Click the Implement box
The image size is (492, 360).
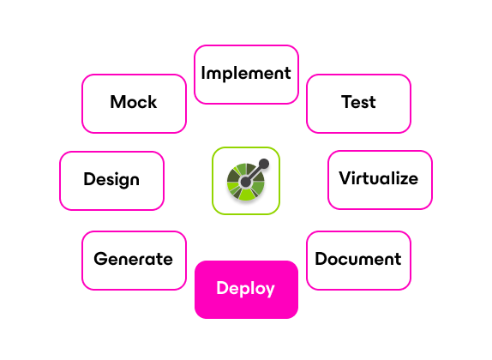(246, 75)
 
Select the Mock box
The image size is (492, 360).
(134, 104)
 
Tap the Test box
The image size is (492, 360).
(358, 104)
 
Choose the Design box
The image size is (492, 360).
(111, 181)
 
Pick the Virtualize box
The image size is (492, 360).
(380, 180)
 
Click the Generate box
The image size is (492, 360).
(134, 261)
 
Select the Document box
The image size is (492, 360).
(358, 261)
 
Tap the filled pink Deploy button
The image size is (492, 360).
(246, 290)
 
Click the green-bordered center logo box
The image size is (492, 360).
(246, 181)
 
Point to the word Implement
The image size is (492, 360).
(246, 74)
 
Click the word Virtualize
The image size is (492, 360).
(378, 178)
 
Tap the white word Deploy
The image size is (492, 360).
(246, 289)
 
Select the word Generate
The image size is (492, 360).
(134, 259)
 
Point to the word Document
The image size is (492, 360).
(358, 259)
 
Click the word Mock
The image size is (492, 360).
(134, 102)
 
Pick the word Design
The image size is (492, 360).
(111, 179)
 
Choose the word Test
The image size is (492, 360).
(358, 102)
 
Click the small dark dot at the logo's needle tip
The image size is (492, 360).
(264, 164)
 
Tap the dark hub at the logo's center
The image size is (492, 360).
(245, 182)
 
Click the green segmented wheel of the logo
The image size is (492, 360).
(246, 182)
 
